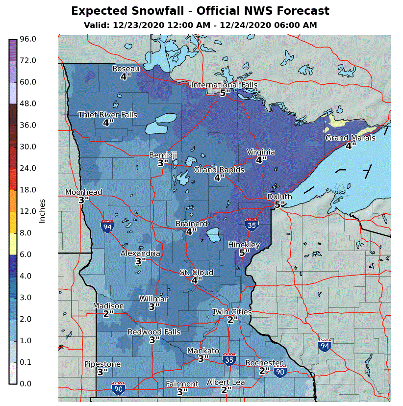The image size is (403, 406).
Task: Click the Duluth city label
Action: pyautogui.click(x=279, y=197)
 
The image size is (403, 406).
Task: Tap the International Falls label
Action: pyautogui.click(x=224, y=85)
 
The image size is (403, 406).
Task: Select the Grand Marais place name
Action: pyautogui.click(x=350, y=138)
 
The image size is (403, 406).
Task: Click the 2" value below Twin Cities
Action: pyautogui.click(x=232, y=319)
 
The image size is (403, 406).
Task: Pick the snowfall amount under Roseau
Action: pyautogui.click(x=126, y=76)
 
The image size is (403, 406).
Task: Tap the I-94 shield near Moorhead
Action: pyautogui.click(x=107, y=226)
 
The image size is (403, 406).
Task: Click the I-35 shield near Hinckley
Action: pyautogui.click(x=252, y=224)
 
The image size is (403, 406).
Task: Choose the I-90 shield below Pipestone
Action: pyautogui.click(x=118, y=389)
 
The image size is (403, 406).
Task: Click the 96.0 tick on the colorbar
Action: pyautogui.click(x=27, y=39)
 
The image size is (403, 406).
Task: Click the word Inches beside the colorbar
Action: pyautogui.click(x=42, y=211)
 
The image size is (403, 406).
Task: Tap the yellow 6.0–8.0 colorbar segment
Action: pyautogui.click(x=13, y=244)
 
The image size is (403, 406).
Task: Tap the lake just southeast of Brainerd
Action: pyautogui.click(x=214, y=235)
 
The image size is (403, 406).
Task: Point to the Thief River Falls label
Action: pyautogui.click(x=107, y=115)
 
